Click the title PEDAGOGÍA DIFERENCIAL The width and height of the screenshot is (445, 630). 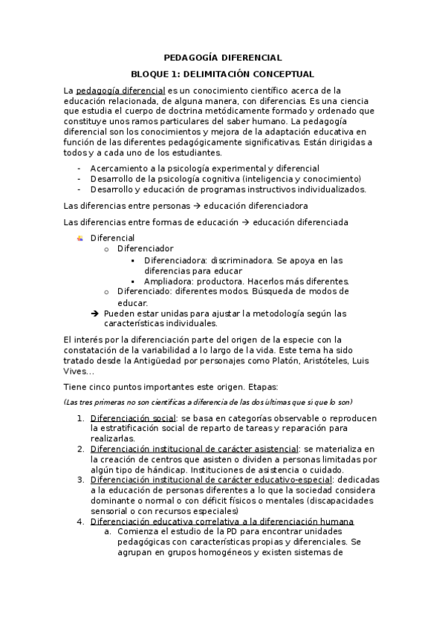(222, 57)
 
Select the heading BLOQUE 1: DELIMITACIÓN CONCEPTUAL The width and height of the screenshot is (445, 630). (222, 74)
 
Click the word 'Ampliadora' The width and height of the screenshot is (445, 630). (170, 282)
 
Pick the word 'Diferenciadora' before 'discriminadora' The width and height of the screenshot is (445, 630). (176, 260)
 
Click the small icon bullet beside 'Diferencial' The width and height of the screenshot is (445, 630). (80, 238)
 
